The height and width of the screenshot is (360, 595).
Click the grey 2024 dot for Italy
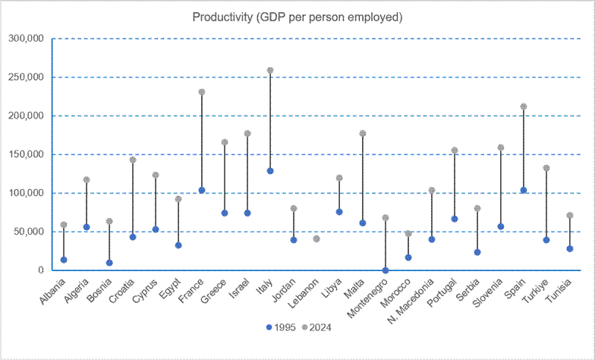[270, 70]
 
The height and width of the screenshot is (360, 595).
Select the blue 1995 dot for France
[202, 190]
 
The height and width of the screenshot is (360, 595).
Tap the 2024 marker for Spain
[524, 106]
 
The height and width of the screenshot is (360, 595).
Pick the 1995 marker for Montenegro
[386, 270]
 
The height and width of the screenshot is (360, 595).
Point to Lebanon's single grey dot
[316, 238]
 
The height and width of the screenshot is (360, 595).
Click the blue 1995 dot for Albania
[64, 260]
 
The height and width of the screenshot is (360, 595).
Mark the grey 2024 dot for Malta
[363, 134]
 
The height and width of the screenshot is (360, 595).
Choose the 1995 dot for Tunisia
[569, 249]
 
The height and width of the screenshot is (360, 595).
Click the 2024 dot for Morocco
[408, 234]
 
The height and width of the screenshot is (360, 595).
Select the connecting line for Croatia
[133, 199]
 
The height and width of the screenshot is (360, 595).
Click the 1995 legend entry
[281, 327]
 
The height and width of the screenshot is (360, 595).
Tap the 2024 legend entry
[316, 327]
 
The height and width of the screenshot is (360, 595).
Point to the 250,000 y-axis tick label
[26, 77]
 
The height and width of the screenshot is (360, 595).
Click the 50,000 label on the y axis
[29, 232]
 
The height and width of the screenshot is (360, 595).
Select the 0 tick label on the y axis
[41, 270]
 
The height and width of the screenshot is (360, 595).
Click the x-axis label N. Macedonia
[411, 301]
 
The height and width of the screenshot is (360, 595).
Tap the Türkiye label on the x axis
[535, 291]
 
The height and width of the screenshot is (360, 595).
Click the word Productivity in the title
[222, 17]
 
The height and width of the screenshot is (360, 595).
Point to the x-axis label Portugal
[442, 292]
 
